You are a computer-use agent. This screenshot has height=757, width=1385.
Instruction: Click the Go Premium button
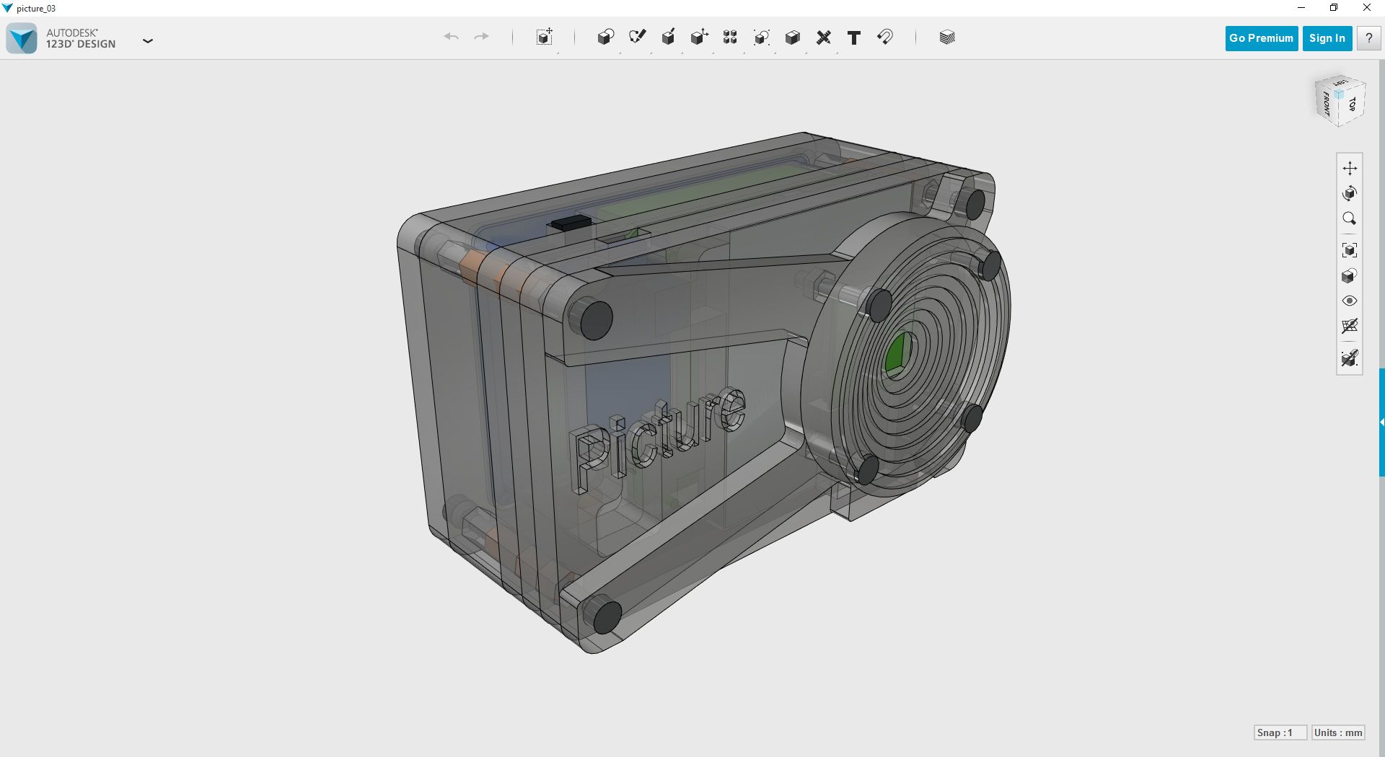tap(1261, 38)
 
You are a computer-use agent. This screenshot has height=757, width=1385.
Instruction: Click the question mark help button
tap(1368, 38)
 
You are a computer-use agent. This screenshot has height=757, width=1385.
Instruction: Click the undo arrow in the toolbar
tap(451, 37)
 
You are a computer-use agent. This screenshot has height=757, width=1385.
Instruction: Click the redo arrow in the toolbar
tap(481, 37)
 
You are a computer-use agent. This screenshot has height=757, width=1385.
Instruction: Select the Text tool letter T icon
tap(853, 37)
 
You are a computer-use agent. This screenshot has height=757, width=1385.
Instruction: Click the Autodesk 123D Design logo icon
tap(22, 38)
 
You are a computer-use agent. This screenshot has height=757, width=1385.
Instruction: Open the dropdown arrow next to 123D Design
tap(148, 41)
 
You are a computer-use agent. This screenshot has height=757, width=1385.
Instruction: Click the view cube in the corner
tap(1340, 101)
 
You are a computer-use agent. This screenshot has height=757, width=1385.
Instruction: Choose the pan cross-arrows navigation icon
tap(1350, 168)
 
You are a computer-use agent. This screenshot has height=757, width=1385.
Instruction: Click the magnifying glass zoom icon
tap(1349, 218)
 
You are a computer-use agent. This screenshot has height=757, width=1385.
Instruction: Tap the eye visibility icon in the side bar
tap(1350, 301)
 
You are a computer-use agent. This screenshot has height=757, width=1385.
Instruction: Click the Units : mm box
tap(1338, 732)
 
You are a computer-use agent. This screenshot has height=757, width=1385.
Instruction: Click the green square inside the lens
tap(897, 353)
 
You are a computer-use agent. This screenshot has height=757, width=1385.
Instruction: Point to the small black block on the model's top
tap(571, 222)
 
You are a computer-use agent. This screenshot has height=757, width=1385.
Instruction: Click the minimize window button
tap(1301, 8)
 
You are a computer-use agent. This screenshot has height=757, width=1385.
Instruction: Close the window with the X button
tap(1366, 8)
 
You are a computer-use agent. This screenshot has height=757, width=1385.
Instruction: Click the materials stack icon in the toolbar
tap(947, 37)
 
